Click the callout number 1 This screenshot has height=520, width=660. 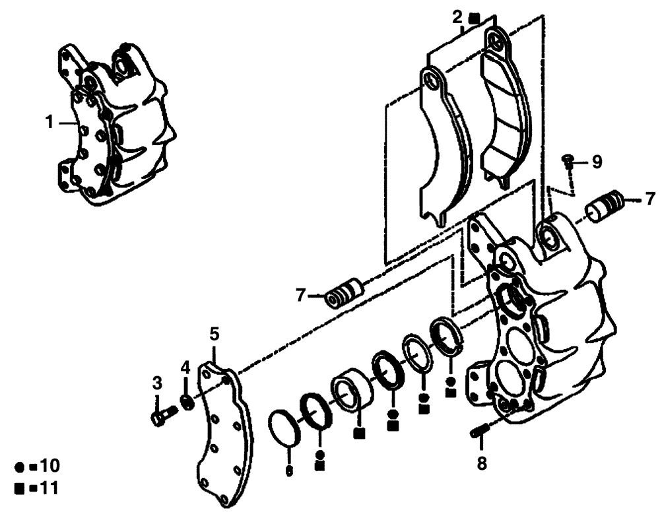point(49,122)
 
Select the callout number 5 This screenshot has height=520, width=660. point(213,334)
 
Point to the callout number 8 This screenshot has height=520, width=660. point(482,464)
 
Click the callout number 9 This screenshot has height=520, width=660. point(597,162)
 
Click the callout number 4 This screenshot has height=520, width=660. point(185,366)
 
